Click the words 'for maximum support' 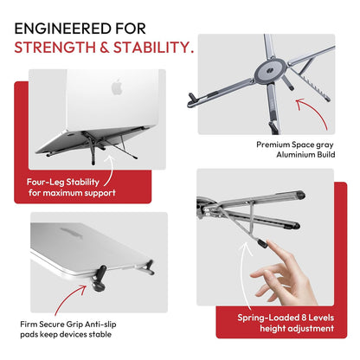[x=66, y=195]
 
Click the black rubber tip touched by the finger [x=256, y=246]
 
